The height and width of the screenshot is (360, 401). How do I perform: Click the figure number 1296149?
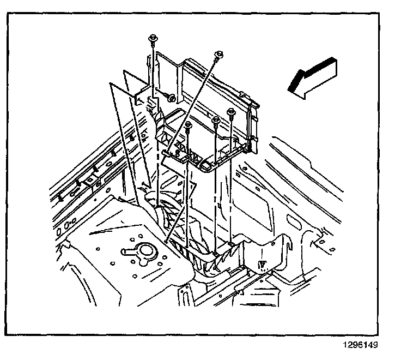coord(360,345)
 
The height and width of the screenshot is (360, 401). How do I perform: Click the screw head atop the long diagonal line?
coord(219,53)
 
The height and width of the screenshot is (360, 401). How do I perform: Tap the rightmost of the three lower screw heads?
coord(231,112)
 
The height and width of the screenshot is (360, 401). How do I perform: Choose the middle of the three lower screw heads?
coord(216,119)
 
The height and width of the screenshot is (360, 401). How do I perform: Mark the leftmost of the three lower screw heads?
coord(189,125)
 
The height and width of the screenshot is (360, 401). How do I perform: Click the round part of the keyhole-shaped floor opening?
coord(145,251)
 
